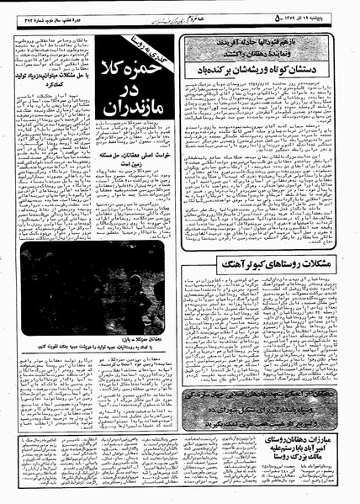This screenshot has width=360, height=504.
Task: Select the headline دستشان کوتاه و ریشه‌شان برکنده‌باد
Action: (x=267, y=70)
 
